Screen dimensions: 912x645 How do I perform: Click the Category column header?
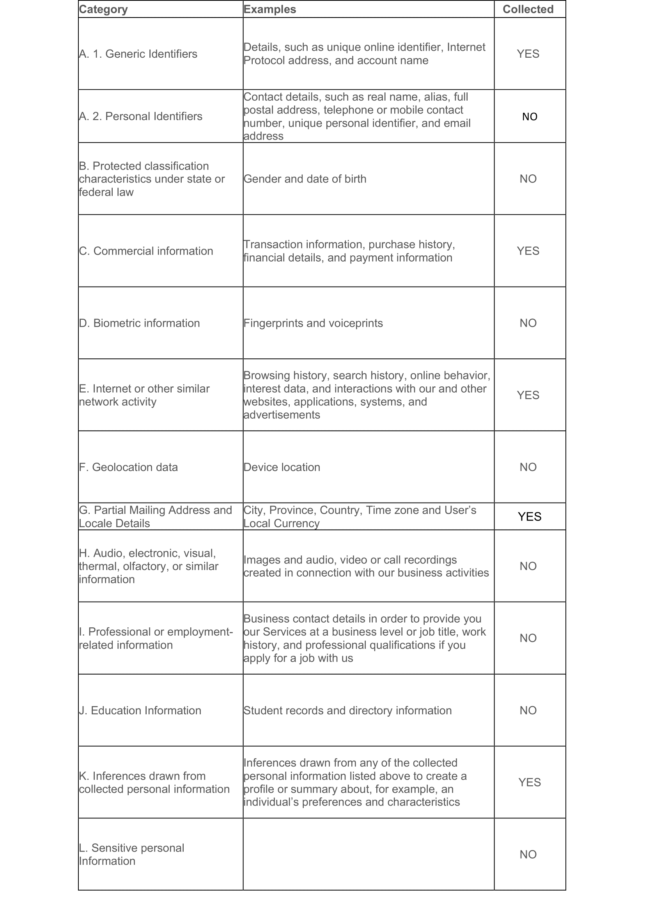[x=103, y=9]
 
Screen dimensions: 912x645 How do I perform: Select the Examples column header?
[x=270, y=9]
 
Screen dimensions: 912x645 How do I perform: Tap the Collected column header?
[x=528, y=9]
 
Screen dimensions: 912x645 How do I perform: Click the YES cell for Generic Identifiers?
[x=528, y=54]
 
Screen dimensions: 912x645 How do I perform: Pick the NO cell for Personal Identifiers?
[x=530, y=117]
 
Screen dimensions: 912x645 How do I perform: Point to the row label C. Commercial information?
[x=146, y=251]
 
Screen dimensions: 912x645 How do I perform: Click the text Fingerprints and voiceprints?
[x=313, y=323]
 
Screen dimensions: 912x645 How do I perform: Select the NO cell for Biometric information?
[x=528, y=323]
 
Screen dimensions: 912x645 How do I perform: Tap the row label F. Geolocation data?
[x=128, y=467]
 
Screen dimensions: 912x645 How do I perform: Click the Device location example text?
[x=282, y=467]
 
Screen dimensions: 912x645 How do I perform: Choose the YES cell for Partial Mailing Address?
[x=530, y=517]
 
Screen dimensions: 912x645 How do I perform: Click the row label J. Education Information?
[x=140, y=711]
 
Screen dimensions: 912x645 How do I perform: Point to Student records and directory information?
[x=347, y=711]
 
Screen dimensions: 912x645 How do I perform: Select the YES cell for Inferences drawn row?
[x=530, y=783]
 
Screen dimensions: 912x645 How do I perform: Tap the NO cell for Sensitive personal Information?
[x=528, y=854]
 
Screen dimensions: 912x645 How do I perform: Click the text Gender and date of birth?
[x=305, y=179]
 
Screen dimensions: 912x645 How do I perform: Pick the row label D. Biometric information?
[x=139, y=323]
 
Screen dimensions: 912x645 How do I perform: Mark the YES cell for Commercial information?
[x=528, y=251]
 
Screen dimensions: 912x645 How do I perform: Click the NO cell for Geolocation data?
[x=528, y=467]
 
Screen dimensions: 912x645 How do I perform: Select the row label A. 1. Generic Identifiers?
[x=138, y=54]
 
